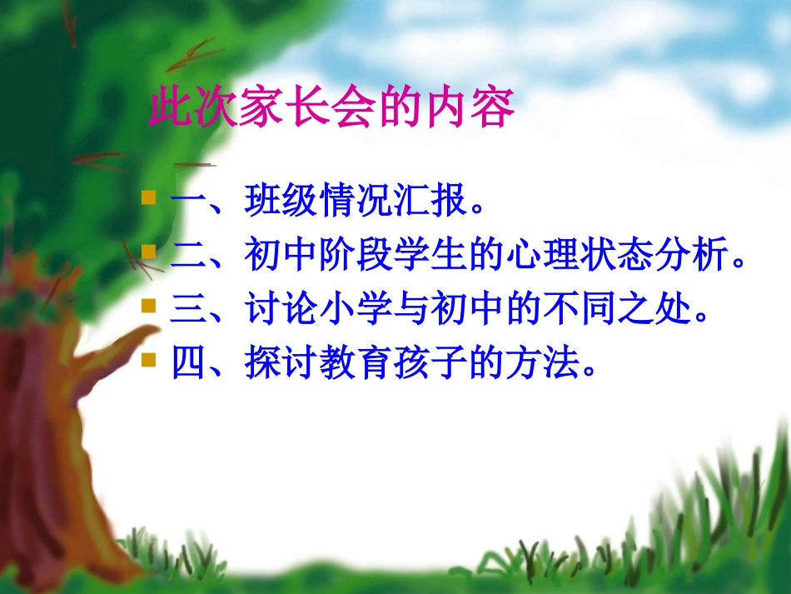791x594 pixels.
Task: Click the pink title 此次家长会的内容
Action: [331, 109]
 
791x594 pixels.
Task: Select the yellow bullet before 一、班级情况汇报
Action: [149, 198]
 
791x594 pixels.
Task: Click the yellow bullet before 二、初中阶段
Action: [149, 251]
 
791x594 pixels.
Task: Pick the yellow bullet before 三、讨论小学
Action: [149, 305]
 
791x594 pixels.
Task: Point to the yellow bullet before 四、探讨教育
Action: [149, 359]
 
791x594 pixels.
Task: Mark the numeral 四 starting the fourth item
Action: [188, 363]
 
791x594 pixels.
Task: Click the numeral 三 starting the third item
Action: [188, 309]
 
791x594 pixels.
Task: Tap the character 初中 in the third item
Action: [450, 309]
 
